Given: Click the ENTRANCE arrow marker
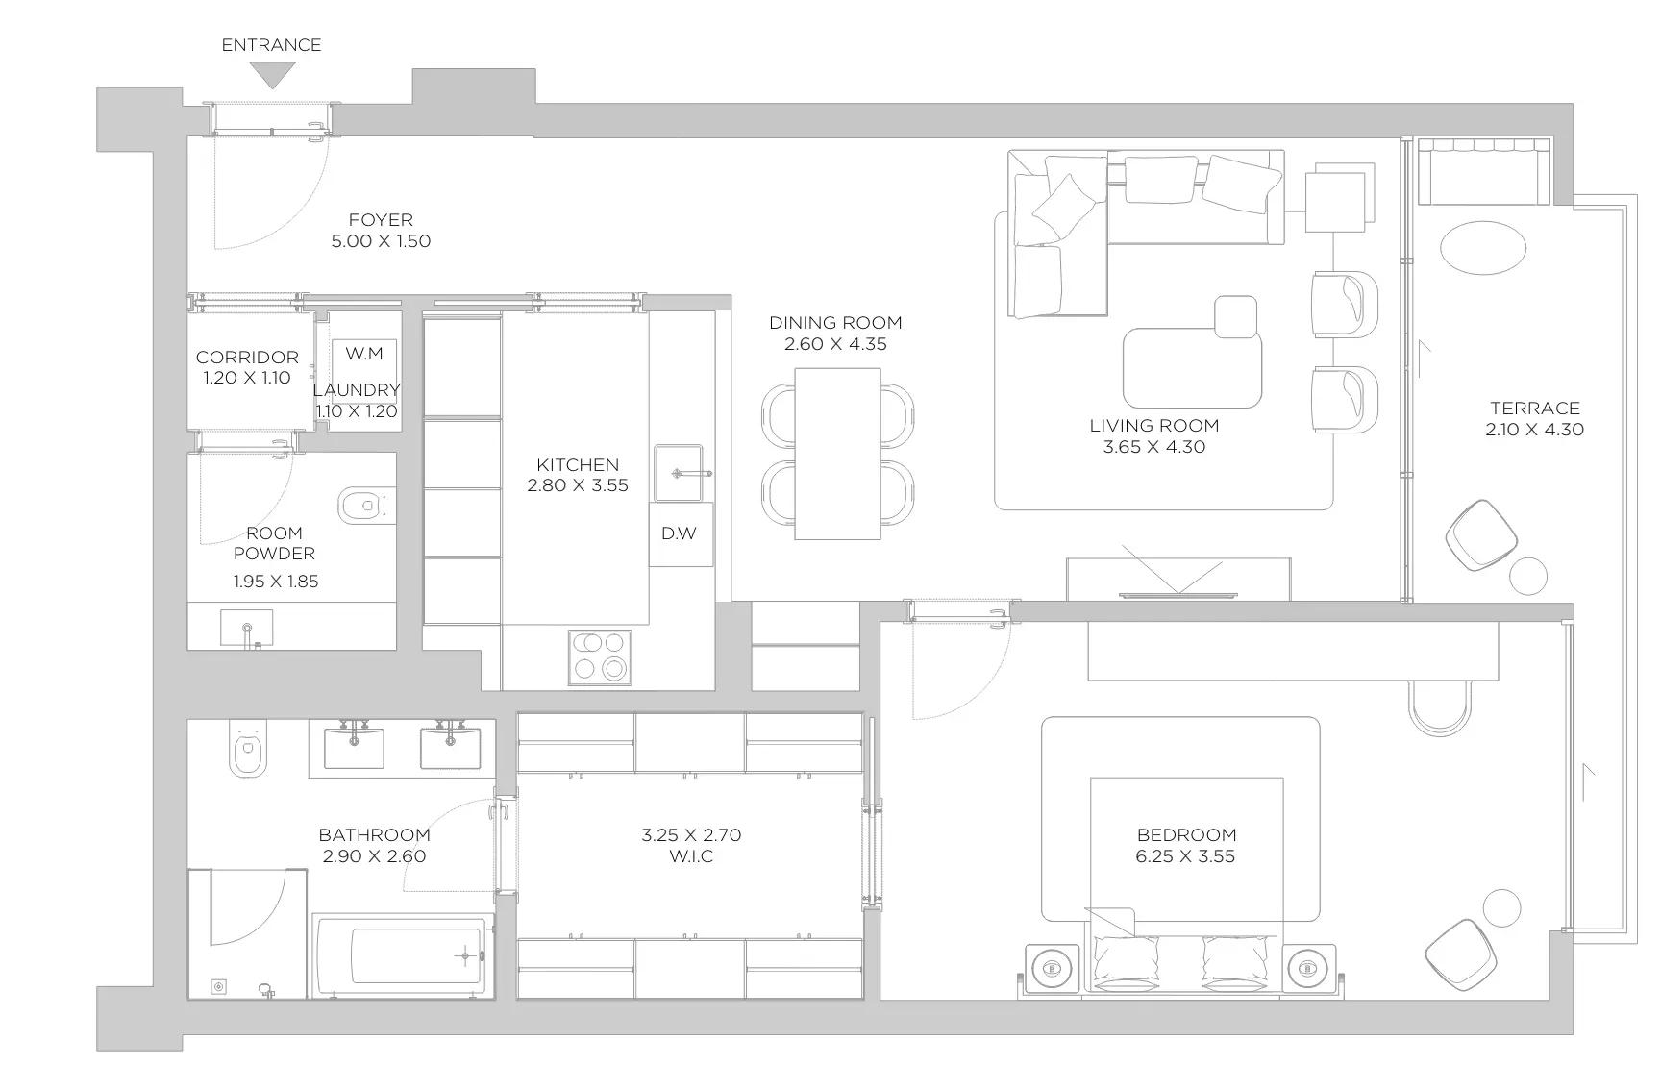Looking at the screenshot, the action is click(x=272, y=75).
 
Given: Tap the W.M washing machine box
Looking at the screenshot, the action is click(x=363, y=365).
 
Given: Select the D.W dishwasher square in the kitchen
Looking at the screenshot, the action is click(x=681, y=533).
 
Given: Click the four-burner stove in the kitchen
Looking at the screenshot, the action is click(x=600, y=657).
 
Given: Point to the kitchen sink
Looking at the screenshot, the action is click(x=679, y=473).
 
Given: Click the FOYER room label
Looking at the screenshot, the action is click(x=381, y=220).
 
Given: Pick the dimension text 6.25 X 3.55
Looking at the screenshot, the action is click(x=1185, y=856).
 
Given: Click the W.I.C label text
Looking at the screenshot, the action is click(x=691, y=856).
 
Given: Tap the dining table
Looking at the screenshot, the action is click(x=837, y=454).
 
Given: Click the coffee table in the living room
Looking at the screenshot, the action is click(x=1192, y=367).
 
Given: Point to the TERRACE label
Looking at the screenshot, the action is click(x=1535, y=409).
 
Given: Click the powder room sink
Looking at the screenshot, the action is click(x=247, y=627).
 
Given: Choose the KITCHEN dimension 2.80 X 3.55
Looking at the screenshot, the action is click(x=578, y=485).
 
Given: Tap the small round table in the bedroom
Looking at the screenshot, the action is click(x=1502, y=908).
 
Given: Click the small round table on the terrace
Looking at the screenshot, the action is click(x=1528, y=576).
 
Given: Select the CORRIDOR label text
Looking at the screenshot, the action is click(x=247, y=358).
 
